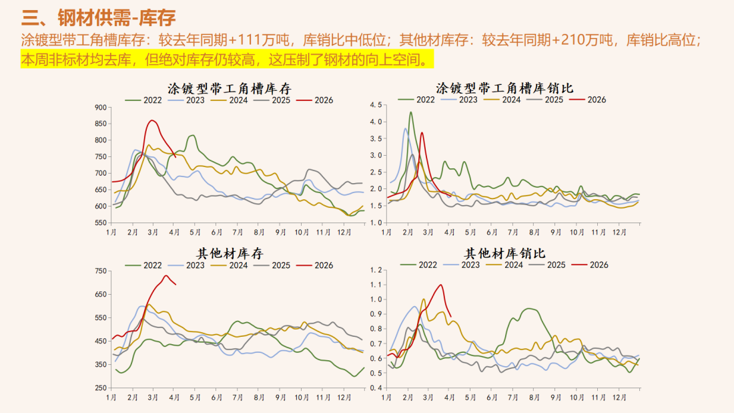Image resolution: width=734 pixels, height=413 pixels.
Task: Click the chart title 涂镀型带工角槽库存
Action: (x=229, y=88)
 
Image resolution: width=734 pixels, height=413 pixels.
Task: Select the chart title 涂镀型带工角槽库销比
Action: (x=504, y=88)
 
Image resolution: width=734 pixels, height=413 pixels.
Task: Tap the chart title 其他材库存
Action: (x=229, y=253)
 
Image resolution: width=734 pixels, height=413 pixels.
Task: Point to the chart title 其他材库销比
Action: (x=504, y=253)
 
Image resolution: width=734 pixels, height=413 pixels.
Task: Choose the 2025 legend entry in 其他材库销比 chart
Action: (x=554, y=265)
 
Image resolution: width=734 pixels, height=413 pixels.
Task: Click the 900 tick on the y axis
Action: (x=100, y=108)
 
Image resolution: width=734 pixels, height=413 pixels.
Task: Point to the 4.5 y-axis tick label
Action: (x=375, y=106)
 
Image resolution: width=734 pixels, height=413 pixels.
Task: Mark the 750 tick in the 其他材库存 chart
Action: (x=100, y=271)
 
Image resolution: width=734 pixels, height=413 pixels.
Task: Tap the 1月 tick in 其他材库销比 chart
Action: (x=387, y=397)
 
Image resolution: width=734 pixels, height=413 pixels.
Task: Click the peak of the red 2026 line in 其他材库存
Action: (x=165, y=275)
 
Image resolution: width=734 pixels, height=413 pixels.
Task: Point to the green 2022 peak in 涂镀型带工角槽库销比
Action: (x=410, y=112)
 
